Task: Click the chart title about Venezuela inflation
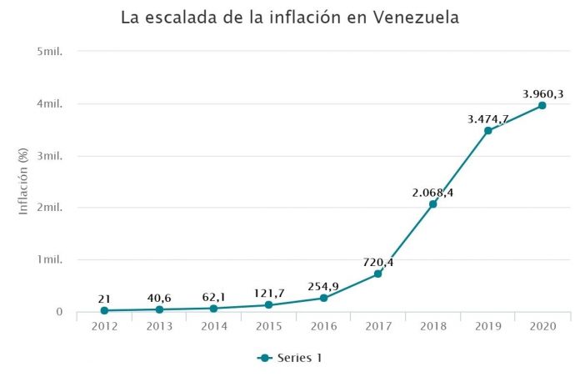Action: pyautogui.click(x=290, y=18)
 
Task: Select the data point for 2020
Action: pyautogui.click(x=542, y=105)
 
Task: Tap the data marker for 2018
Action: pyautogui.click(x=432, y=204)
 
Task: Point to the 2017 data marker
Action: pyautogui.click(x=377, y=274)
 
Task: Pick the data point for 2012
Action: pyautogui.click(x=104, y=310)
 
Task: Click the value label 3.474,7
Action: pyautogui.click(x=487, y=120)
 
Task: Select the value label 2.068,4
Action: pyautogui.click(x=432, y=193)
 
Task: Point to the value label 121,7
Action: pyautogui.click(x=268, y=294)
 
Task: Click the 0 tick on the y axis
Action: pyautogui.click(x=59, y=312)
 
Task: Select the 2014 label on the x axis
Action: pyautogui.click(x=213, y=326)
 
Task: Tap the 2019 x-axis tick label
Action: pyautogui.click(x=487, y=326)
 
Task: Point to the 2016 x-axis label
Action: pyautogui.click(x=322, y=326)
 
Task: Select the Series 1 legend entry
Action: pyautogui.click(x=290, y=359)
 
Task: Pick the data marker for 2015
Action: pyautogui.click(x=268, y=305)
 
